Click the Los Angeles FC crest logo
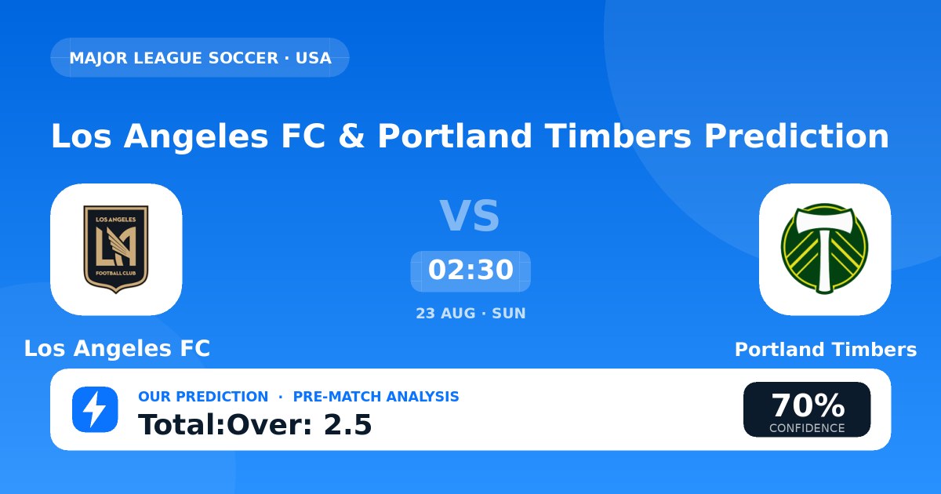116,249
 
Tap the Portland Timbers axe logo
824,249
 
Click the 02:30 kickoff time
470,270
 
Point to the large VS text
470,216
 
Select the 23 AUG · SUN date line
470,314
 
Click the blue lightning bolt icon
95,409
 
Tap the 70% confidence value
808,405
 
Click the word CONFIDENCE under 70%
807,428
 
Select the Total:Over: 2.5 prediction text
255,425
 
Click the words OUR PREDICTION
203,397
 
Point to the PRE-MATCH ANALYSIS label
376,397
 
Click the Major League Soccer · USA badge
200,57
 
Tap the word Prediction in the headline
797,136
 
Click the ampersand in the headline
351,136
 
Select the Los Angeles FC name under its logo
117,348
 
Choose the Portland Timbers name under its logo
826,350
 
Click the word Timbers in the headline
618,136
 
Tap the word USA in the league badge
314,58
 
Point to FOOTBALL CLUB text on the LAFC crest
116,274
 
